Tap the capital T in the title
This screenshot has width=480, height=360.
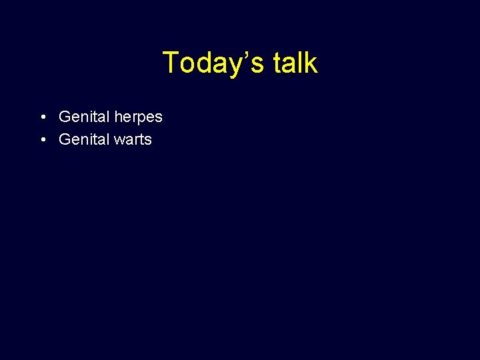tap(171, 63)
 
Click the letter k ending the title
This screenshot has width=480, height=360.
tap(311, 63)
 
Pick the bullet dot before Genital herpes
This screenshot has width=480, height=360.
tap(42, 117)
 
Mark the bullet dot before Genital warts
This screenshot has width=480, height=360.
tap(42, 140)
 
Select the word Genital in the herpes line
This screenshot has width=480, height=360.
tap(84, 117)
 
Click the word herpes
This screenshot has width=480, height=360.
tap(138, 117)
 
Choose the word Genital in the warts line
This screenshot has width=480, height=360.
tap(84, 139)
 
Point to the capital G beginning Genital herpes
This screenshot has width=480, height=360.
tap(65, 117)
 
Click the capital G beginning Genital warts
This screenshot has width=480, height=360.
tap(65, 139)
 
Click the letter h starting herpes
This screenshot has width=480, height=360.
tap(119, 117)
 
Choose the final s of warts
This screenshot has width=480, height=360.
tap(148, 140)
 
